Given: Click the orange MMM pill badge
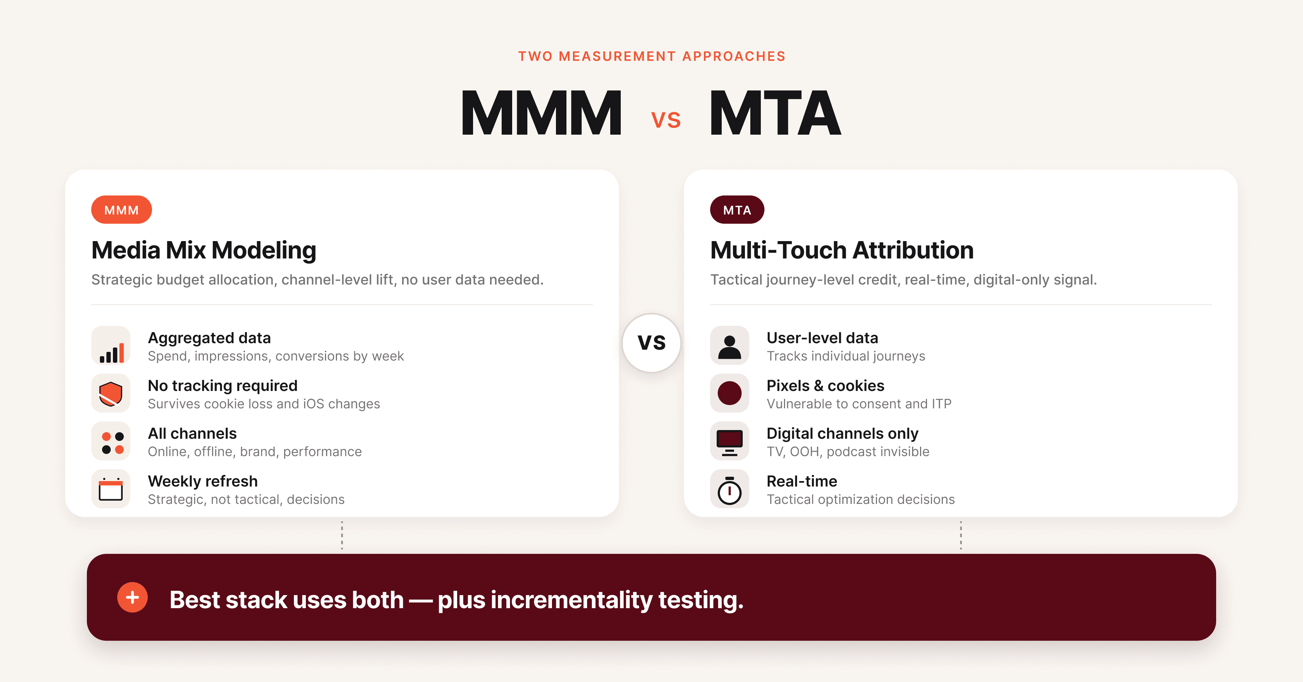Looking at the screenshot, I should click(x=121, y=210).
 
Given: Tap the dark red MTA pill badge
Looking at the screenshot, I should click(x=737, y=210).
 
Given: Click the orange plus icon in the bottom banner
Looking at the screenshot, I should click(x=132, y=598).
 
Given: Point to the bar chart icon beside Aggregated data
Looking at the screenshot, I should click(x=111, y=346).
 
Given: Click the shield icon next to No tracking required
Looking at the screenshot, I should click(x=111, y=393).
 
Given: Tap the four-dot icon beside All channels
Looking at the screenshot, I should click(x=111, y=441).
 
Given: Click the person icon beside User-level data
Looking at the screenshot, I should click(x=729, y=346).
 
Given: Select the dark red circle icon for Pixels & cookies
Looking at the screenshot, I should click(x=729, y=393).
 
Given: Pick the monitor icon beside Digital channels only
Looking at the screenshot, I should click(x=729, y=441).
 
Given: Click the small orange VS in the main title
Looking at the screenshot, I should click(x=666, y=121).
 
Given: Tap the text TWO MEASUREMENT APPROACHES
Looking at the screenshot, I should click(x=651, y=56).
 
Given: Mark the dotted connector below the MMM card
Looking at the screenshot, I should click(x=342, y=535).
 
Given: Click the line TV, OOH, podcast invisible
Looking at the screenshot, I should click(x=848, y=451).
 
